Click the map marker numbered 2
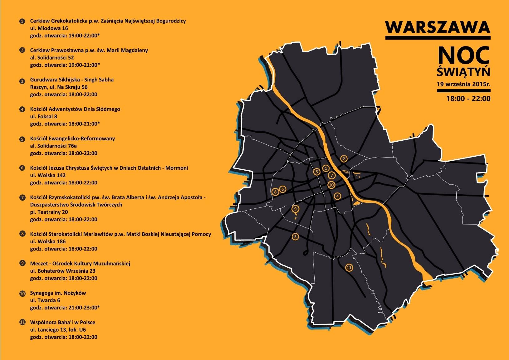344,159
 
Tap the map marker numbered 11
349,268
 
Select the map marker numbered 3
295,237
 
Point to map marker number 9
295,209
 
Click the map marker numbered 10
331,185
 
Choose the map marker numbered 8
275,192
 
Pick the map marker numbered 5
317,172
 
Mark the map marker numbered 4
337,196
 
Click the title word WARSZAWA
438,27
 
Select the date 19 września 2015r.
463,84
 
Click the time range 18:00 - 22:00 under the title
468,99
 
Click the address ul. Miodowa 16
49,28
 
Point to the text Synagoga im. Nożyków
58,293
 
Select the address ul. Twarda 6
45,300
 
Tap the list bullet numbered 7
22,197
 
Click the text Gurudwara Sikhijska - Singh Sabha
72,80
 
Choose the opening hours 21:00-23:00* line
65,308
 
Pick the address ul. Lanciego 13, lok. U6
58,330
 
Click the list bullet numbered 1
22,21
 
